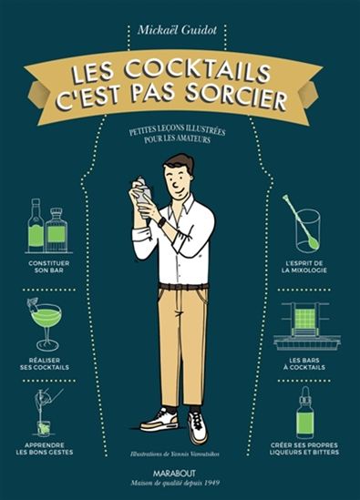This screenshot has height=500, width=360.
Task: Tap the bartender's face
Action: tap(180, 176)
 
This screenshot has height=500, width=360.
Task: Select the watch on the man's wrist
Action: tap(162, 221)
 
